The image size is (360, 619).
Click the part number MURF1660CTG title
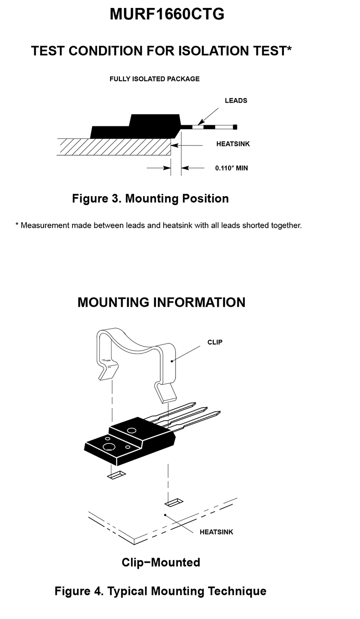167,14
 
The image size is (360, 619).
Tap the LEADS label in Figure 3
236,100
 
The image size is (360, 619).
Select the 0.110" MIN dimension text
231,168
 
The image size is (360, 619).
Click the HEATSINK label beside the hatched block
233,144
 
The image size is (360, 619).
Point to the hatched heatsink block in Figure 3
114,147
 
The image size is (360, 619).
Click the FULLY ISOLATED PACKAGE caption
154,79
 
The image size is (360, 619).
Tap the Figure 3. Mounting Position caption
151,199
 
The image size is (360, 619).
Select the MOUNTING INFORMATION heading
161,303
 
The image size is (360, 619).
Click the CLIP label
215,342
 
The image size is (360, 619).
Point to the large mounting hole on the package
109,447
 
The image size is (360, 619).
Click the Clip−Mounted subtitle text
161,562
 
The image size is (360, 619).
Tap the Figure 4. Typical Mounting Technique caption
161,591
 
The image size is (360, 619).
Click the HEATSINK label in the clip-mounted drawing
216,532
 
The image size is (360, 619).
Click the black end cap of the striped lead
235,127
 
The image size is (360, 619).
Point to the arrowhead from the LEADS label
201,122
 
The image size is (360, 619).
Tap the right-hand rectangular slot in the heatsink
174,503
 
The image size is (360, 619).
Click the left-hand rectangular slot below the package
116,475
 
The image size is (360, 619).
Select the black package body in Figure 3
135,128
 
